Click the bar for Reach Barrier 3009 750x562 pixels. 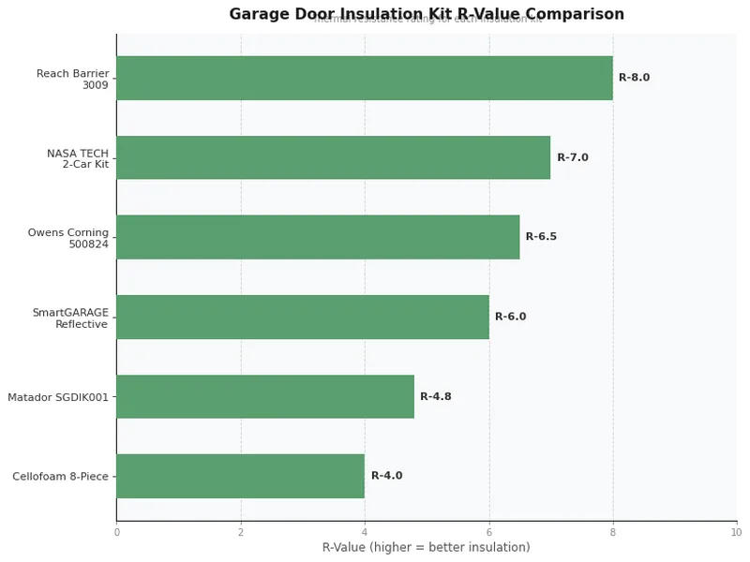(364, 78)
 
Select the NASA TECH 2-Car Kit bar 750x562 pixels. (333, 157)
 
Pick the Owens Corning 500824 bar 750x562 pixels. (318, 237)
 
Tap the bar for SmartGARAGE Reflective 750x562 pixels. (302, 317)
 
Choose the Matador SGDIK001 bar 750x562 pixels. (264, 396)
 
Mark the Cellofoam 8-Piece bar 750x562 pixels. (240, 476)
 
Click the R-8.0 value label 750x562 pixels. (634, 78)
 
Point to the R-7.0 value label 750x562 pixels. (573, 157)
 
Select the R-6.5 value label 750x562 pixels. (541, 237)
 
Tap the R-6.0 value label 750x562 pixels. (510, 317)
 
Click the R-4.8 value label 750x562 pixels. (435, 396)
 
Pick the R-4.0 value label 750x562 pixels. (386, 476)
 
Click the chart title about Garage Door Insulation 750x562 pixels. (427, 14)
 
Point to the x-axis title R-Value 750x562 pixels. (426, 547)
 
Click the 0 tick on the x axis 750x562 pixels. (116, 532)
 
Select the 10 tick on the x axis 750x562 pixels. (736, 532)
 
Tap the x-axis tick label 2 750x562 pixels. (241, 532)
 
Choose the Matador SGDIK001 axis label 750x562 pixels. (58, 397)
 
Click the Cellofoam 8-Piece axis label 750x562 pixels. (61, 477)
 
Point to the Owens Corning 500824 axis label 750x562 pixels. (68, 238)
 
